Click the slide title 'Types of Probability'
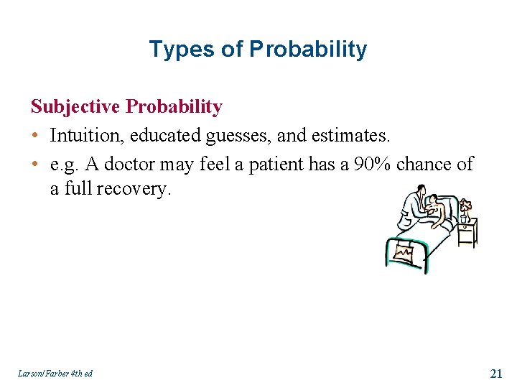(x=258, y=50)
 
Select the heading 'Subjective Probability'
(x=126, y=107)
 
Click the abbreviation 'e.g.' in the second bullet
(x=64, y=164)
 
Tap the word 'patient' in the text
(x=276, y=164)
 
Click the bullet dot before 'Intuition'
(x=35, y=136)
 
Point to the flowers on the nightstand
(x=465, y=208)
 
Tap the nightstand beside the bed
(x=467, y=233)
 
